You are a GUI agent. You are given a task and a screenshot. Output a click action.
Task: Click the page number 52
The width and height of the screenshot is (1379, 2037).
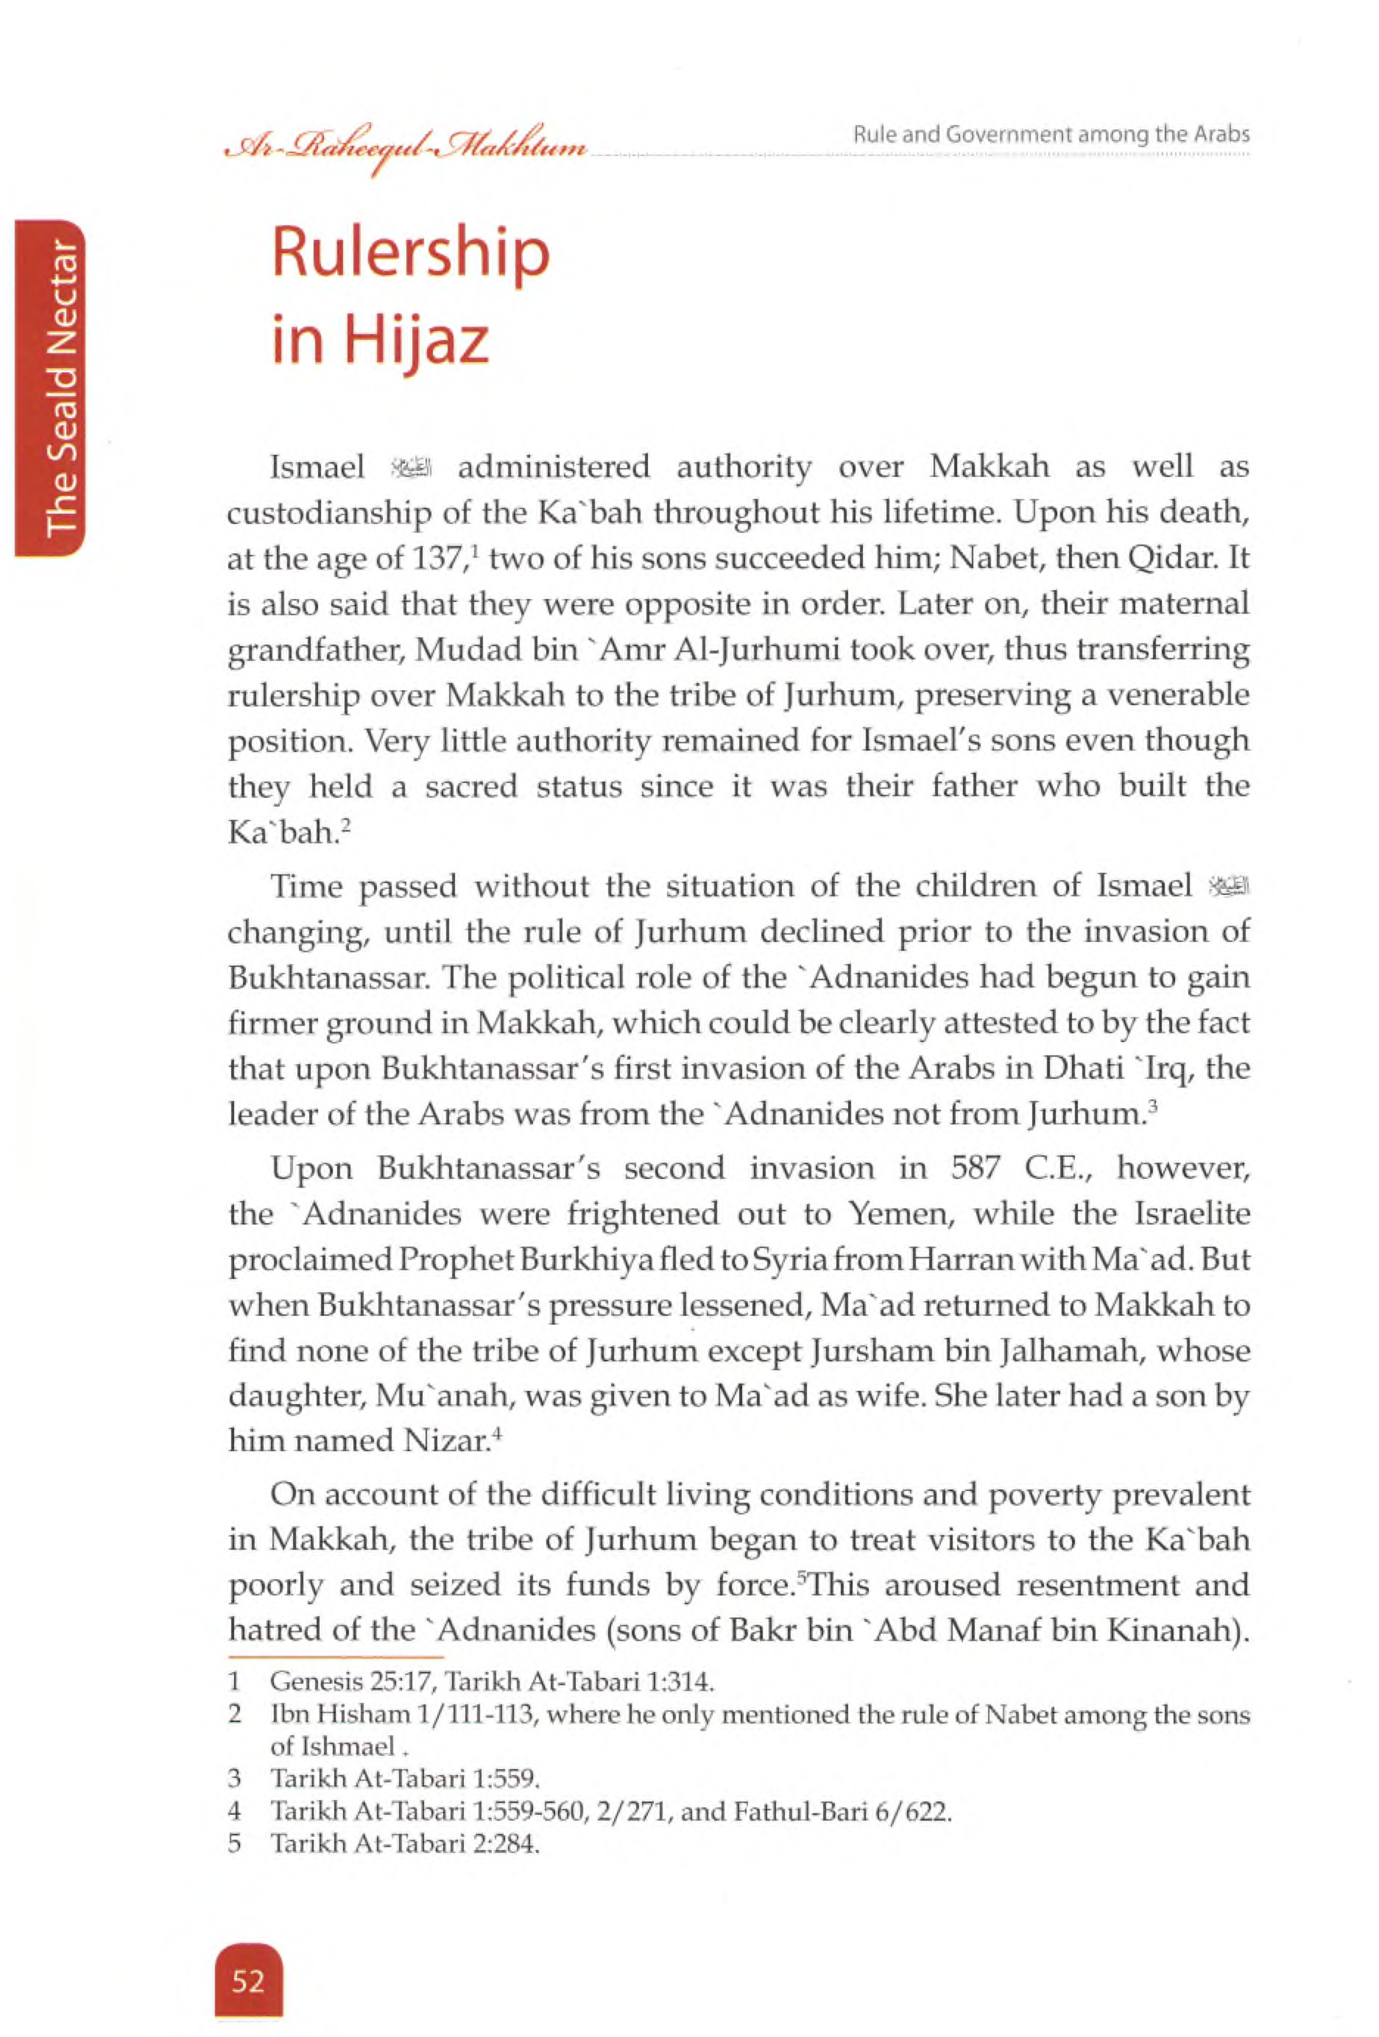(x=248, y=1980)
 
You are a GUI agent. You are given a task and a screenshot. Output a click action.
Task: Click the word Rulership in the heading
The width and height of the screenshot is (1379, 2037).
(x=410, y=254)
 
